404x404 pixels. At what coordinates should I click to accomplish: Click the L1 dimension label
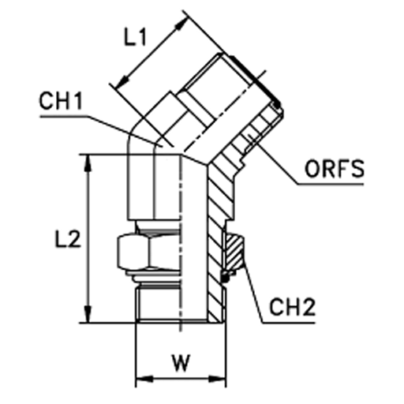click(135, 37)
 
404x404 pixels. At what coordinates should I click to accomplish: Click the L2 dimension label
click(67, 238)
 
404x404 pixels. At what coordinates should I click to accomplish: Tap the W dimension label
click(181, 363)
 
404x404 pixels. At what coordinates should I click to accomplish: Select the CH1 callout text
click(61, 101)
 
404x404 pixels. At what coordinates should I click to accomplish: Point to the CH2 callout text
click(292, 307)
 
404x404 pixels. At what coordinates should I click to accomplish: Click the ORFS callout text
click(335, 168)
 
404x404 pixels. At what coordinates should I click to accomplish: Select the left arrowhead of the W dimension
click(144, 379)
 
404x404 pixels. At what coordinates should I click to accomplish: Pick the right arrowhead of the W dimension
click(217, 379)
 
